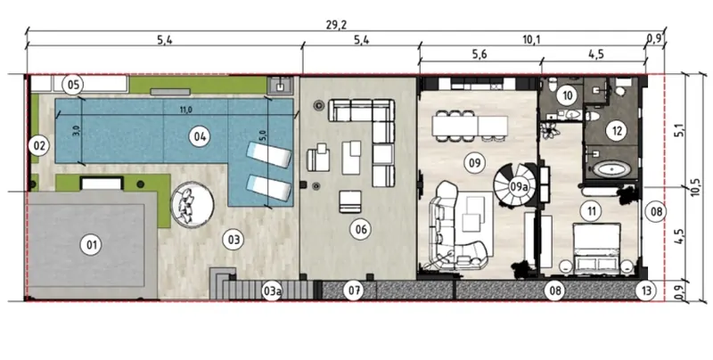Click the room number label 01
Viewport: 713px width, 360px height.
tap(92, 245)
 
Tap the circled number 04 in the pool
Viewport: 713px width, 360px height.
tap(200, 136)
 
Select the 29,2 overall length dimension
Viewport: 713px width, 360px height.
tap(336, 25)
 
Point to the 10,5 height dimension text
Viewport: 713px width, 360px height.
tap(695, 187)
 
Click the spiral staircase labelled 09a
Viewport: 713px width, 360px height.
tap(516, 186)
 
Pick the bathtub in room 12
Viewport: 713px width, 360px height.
tap(611, 170)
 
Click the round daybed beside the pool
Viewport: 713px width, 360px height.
tap(192, 205)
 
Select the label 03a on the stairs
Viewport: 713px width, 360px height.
tap(271, 291)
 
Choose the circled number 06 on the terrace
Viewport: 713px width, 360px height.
tap(361, 230)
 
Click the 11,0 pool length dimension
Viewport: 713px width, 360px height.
tap(186, 110)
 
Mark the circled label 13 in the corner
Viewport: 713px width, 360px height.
tap(646, 290)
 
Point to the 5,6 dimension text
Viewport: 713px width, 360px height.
tap(479, 54)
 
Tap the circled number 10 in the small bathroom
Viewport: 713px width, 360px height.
tap(567, 95)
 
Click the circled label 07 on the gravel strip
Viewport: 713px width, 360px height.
tap(354, 290)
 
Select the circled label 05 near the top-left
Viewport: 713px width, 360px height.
tap(73, 85)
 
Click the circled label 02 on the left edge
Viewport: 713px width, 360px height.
tap(38, 146)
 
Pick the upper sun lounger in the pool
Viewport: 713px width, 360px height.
tap(269, 155)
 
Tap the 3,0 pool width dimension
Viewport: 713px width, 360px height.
tap(77, 130)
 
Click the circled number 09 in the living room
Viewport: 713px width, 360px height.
tap(474, 163)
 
